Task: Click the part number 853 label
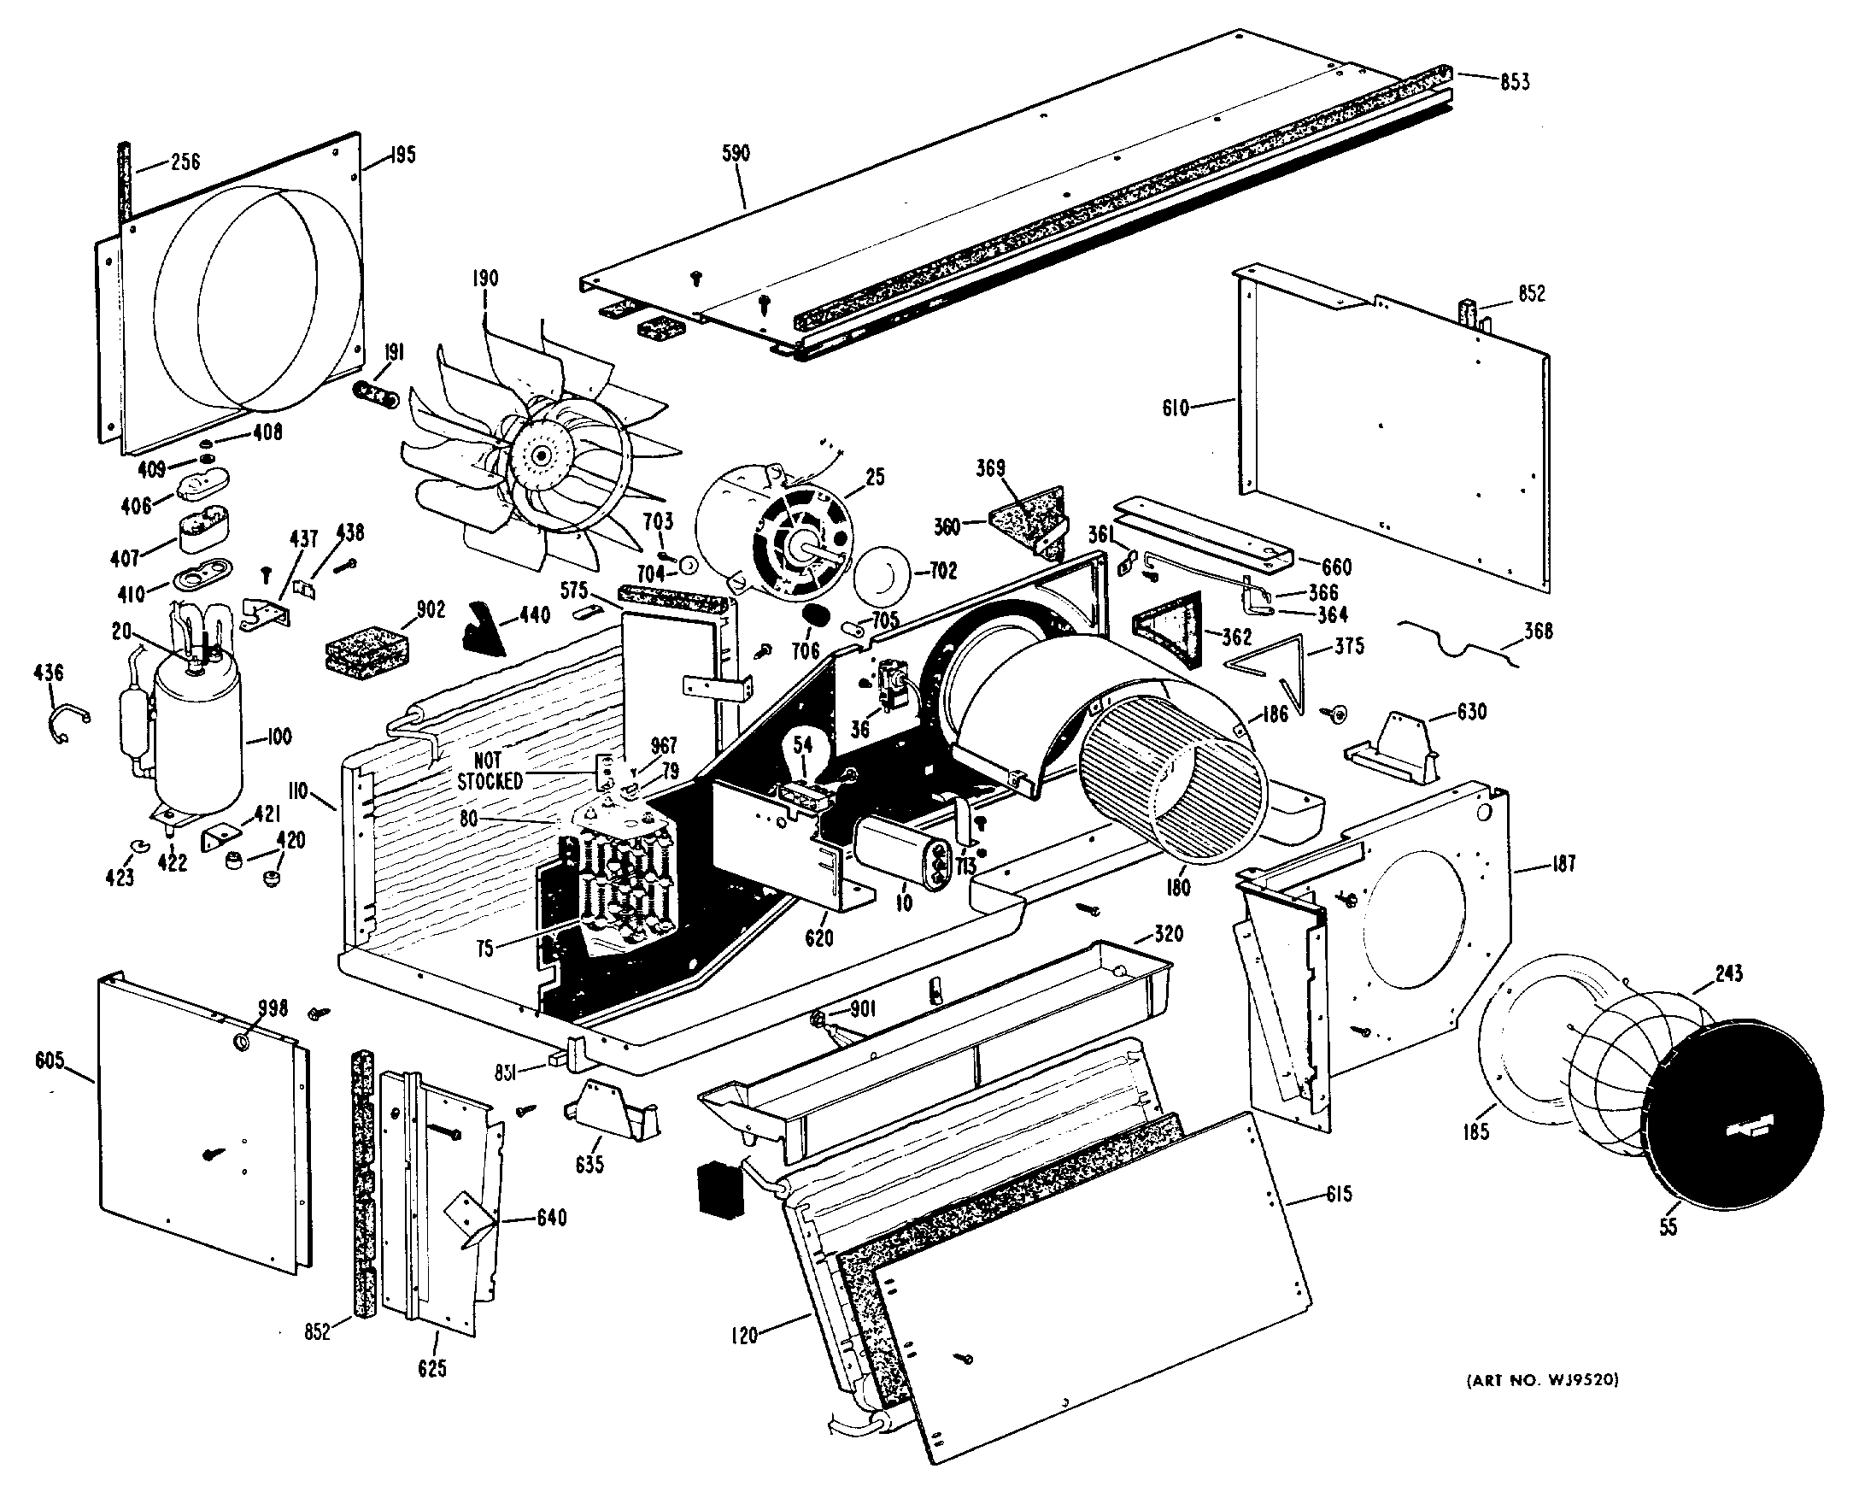tap(1515, 81)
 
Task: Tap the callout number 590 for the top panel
tap(736, 153)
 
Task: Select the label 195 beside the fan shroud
tap(402, 155)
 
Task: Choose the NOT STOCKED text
tap(490, 771)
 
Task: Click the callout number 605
tap(50, 1060)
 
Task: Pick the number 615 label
tap(1338, 1194)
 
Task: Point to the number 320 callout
tap(1168, 933)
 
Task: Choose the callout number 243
tap(1727, 974)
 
